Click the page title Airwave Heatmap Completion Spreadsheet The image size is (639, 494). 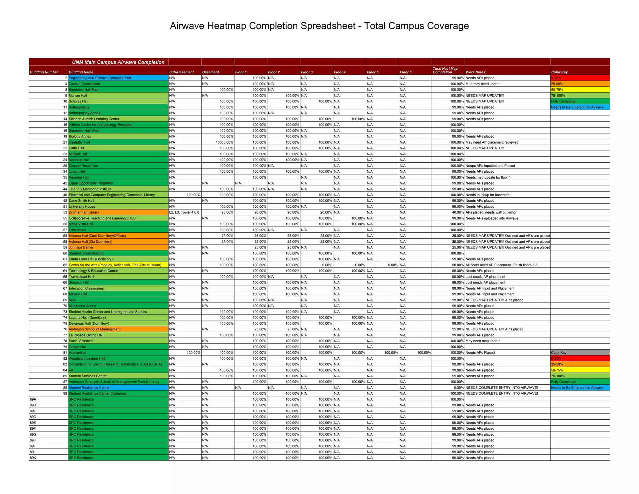click(x=319, y=26)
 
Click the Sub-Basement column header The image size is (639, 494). click(x=181, y=72)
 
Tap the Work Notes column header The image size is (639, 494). click(x=476, y=72)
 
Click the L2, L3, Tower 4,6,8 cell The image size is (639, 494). click(x=184, y=212)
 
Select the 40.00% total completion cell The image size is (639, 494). click(x=457, y=212)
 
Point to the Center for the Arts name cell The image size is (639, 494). click(x=115, y=265)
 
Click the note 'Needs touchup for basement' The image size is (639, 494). click(x=488, y=195)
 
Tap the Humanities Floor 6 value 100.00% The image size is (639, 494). click(x=424, y=353)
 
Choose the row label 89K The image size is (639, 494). click(x=33, y=458)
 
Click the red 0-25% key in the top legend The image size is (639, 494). click(x=579, y=78)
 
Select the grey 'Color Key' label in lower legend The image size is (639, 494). click(x=579, y=353)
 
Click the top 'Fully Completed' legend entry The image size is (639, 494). click(x=579, y=101)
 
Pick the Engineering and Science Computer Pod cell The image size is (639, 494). click(x=100, y=78)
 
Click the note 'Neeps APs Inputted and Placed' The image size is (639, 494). click(x=490, y=166)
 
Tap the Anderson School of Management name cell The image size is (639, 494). click(x=95, y=329)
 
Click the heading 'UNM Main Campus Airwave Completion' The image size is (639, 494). click(x=118, y=62)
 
